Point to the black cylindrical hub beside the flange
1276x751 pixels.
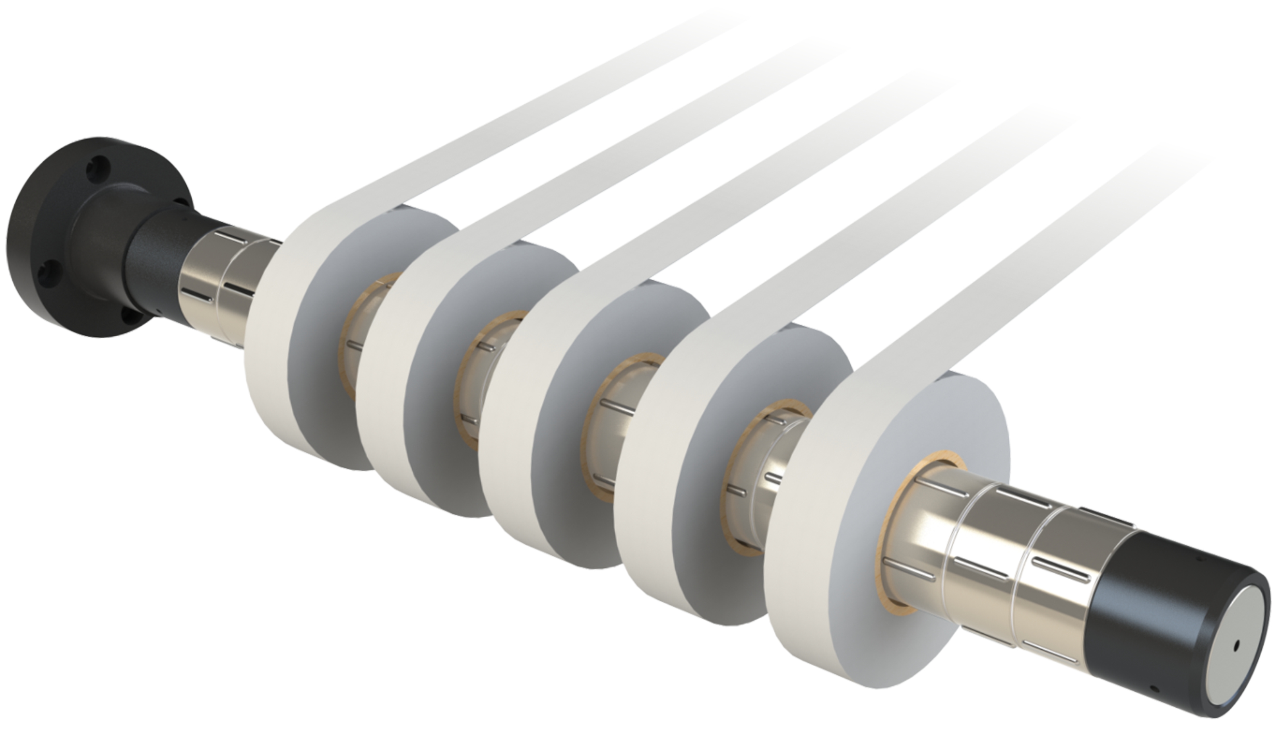[x=152, y=258]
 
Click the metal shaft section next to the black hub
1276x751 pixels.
[x=213, y=283]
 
